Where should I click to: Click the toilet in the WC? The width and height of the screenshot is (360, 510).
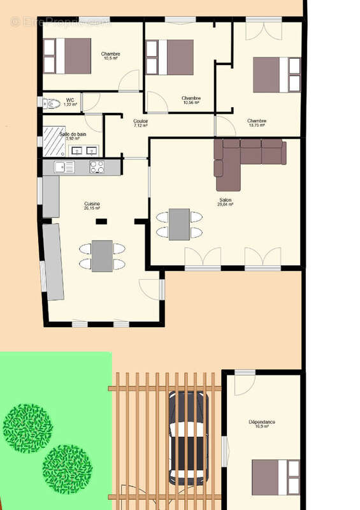[52, 103]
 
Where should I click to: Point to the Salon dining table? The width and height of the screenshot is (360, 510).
[179, 224]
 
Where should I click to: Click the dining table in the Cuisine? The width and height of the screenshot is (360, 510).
[102, 256]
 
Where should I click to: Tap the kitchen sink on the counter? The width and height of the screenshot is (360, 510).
[64, 167]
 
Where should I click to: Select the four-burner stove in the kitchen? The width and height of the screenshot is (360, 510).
[97, 167]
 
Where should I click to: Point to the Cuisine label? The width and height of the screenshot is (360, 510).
[92, 205]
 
